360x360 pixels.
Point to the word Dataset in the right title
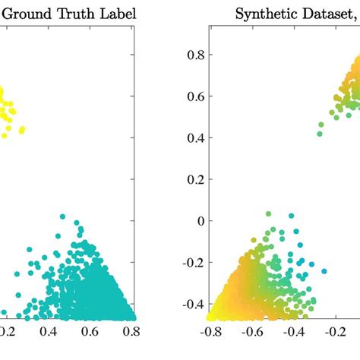(326, 14)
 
